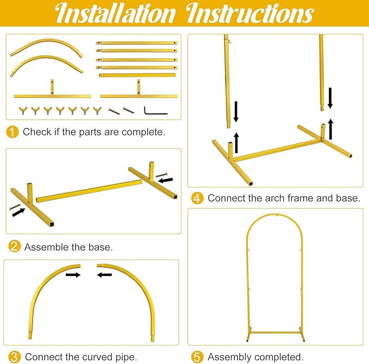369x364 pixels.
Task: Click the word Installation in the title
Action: click(x=115, y=14)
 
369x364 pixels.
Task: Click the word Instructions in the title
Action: click(x=249, y=14)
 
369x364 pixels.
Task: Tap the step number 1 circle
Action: click(x=12, y=132)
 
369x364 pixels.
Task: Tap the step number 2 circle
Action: click(x=14, y=247)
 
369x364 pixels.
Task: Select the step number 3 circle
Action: click(x=14, y=357)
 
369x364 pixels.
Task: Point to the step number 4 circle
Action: click(x=197, y=198)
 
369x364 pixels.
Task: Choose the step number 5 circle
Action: click(x=197, y=357)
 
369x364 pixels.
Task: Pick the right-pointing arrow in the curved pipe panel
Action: click(x=73, y=274)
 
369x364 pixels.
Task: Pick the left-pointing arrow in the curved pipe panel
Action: click(x=104, y=274)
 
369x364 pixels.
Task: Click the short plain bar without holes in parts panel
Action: click(x=137, y=76)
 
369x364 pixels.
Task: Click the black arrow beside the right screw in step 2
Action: click(x=166, y=180)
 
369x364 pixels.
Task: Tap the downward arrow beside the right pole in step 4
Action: click(x=330, y=98)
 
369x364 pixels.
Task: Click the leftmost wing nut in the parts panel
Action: click(x=23, y=110)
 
